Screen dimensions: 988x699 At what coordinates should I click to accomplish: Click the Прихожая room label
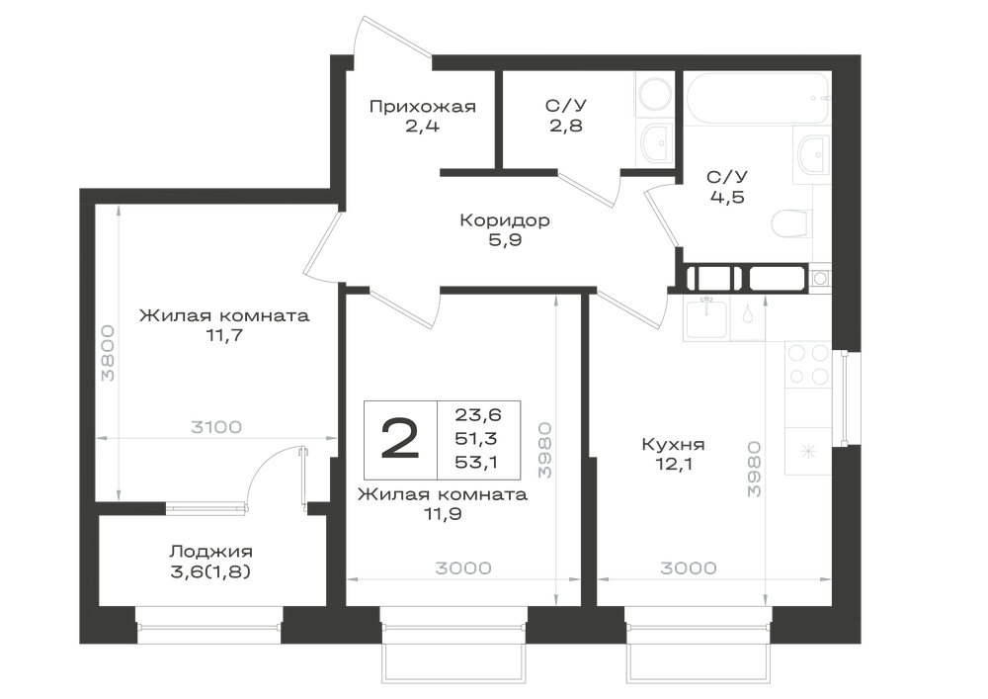422,107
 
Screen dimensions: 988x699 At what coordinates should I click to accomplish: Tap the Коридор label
505,219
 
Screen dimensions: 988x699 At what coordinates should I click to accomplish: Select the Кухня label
673,444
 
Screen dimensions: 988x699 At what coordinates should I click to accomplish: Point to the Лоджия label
210,552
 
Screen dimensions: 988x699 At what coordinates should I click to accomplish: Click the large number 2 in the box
400,440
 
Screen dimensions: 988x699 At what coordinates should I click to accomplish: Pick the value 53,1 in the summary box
476,462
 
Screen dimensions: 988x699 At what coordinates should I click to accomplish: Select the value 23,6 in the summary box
477,414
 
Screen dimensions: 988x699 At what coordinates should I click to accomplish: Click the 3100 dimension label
216,427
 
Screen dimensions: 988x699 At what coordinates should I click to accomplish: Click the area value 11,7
224,335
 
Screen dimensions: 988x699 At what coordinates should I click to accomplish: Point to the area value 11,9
443,514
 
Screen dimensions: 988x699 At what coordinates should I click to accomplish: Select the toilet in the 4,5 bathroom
790,224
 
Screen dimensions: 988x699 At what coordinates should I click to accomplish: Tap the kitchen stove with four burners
808,364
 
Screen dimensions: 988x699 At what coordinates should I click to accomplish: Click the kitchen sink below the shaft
706,319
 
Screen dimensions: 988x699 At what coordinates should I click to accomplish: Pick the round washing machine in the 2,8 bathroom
654,95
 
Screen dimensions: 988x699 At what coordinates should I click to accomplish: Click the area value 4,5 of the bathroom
727,197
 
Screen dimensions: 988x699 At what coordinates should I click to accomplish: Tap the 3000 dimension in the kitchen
688,568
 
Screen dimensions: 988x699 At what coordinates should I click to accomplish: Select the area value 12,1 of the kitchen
673,464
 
